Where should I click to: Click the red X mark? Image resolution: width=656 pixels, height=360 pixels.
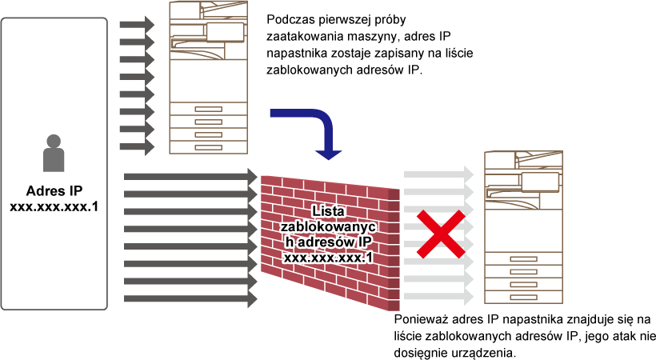point(441,234)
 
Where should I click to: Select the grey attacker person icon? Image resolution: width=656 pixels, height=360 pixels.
point(54,154)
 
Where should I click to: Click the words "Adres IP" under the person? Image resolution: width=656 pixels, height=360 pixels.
point(54,191)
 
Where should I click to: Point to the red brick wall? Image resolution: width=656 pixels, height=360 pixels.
point(330,242)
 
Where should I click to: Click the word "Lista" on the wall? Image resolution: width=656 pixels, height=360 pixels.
point(329,211)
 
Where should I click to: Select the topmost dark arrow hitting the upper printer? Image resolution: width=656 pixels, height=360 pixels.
point(138,24)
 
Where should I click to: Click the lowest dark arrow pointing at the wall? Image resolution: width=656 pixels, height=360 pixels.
point(190,298)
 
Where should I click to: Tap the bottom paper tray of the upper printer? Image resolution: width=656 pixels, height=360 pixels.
point(208,147)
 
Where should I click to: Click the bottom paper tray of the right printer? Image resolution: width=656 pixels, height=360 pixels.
point(523,298)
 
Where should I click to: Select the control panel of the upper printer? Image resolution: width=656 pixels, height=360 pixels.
point(225,32)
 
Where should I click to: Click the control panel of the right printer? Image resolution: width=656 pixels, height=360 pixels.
point(540,182)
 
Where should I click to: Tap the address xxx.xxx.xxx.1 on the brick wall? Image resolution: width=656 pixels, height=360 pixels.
point(329,258)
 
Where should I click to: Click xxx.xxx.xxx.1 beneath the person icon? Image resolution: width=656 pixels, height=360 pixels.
point(54,207)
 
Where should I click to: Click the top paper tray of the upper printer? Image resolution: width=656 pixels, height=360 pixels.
point(208,109)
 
